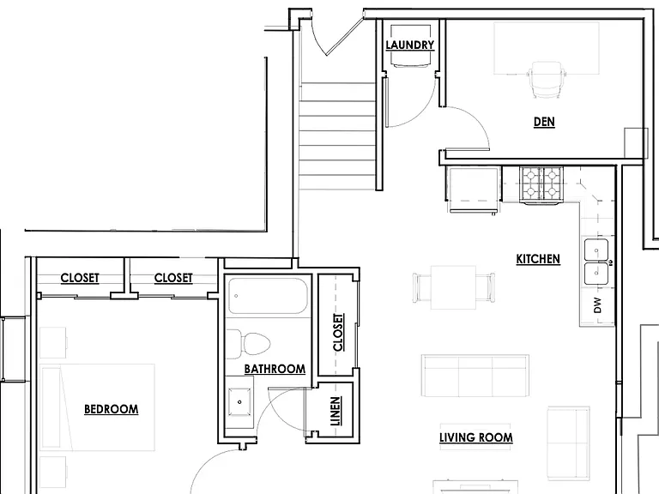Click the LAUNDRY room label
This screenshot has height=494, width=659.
[410, 45]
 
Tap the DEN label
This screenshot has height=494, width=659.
[544, 122]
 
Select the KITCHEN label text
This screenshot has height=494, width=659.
[538, 259]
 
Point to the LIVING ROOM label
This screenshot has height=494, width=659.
[475, 437]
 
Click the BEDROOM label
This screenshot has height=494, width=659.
[111, 409]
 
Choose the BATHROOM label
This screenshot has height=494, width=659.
[275, 369]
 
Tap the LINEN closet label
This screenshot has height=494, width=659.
[335, 412]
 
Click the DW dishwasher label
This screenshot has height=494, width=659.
[597, 305]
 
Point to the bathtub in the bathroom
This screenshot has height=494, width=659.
[267, 296]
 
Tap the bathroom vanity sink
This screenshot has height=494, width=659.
[239, 402]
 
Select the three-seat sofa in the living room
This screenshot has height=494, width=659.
[475, 376]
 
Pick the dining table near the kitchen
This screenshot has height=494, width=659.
[453, 287]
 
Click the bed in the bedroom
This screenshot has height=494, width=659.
[98, 407]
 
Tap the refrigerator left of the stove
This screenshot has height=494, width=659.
[474, 190]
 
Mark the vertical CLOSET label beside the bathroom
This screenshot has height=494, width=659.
[338, 332]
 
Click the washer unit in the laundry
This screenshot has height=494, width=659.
[411, 45]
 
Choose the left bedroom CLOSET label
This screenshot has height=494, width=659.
[80, 278]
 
